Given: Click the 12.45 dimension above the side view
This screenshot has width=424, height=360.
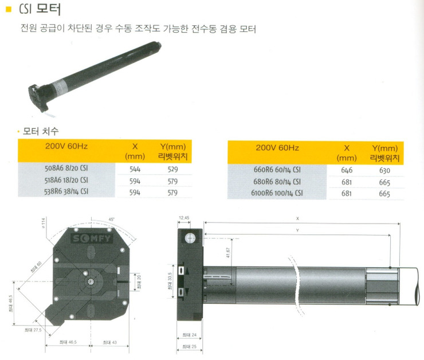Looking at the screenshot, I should click(x=184, y=218).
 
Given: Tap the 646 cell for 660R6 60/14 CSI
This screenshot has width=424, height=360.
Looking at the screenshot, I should click(x=347, y=170).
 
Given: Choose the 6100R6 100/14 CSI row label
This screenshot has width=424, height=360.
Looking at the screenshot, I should click(x=277, y=194).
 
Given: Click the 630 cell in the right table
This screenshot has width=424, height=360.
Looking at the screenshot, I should click(x=384, y=170).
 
